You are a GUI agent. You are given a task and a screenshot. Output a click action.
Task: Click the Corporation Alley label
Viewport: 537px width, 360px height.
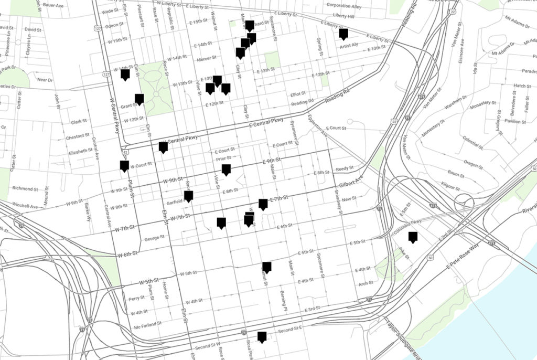tap(344, 6)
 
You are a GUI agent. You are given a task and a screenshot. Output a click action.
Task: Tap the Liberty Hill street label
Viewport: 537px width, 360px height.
tap(343, 16)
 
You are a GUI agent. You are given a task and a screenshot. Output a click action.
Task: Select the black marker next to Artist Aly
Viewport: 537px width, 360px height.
tap(343, 34)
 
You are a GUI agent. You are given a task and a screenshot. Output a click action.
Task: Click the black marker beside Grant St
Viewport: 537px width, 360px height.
tap(139, 99)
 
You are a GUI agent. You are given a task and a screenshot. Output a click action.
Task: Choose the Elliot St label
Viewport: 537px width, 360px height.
tap(298, 94)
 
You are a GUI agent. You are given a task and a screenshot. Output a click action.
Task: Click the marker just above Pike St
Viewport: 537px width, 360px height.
tap(413, 237)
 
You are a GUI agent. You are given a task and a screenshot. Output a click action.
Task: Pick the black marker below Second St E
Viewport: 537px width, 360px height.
tap(262, 336)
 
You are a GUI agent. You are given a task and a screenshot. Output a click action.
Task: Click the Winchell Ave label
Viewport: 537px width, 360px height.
tap(25, 206)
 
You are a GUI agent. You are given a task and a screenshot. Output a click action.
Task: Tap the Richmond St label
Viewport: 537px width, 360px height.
tap(25, 189)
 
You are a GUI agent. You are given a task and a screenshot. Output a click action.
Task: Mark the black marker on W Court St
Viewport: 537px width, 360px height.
tap(124, 166)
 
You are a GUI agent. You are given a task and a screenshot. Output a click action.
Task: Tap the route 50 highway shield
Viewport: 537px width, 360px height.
tap(430, 257)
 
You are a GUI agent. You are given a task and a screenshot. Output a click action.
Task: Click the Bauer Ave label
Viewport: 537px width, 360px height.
tap(53, 5)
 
